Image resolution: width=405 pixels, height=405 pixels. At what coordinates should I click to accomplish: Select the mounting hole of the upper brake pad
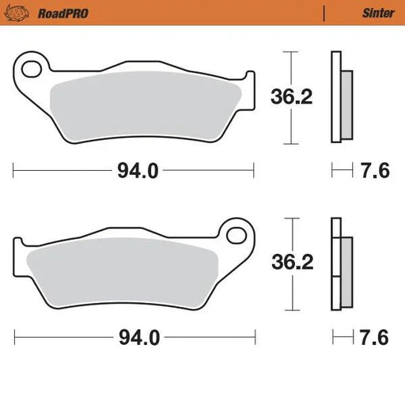click(32, 69)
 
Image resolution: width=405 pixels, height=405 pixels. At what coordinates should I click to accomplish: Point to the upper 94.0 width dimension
click(132, 170)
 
